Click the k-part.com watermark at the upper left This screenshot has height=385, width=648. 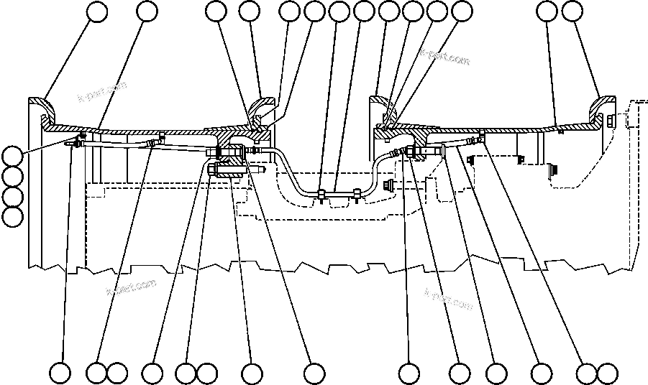(102, 92)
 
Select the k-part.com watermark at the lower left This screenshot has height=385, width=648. (131, 287)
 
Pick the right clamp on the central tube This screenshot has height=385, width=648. (357, 192)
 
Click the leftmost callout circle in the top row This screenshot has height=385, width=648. (97, 11)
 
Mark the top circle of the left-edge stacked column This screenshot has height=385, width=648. (12, 156)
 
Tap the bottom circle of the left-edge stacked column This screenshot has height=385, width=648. (12, 215)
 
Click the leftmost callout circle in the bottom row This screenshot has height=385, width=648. (60, 374)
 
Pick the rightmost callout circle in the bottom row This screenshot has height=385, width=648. (607, 374)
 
